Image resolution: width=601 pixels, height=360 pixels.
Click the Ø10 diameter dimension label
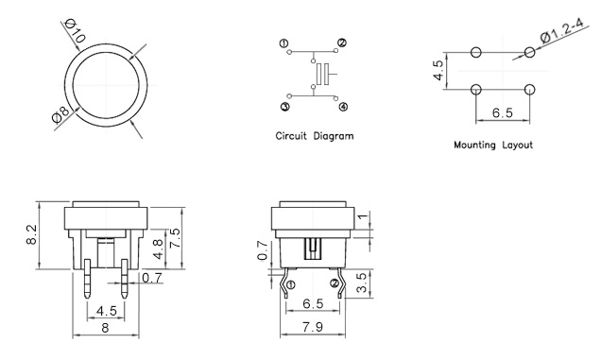pyautogui.click(x=76, y=30)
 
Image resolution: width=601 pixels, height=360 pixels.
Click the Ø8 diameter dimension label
pyautogui.click(x=60, y=114)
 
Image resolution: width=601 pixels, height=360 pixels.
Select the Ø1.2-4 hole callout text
pyautogui.click(x=562, y=30)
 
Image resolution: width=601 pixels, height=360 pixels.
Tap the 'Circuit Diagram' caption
pyautogui.click(x=315, y=136)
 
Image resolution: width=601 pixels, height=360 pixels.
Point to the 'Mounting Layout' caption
pyautogui.click(x=493, y=145)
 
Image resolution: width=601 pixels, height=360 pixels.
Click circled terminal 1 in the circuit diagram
pyautogui.click(x=284, y=43)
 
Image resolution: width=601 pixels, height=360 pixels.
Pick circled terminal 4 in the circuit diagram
pyautogui.click(x=343, y=106)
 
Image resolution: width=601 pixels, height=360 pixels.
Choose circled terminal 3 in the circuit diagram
pyautogui.click(x=284, y=106)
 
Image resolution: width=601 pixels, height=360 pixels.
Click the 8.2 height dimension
pyautogui.click(x=31, y=234)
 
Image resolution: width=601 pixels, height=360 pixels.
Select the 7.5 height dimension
pyautogui.click(x=175, y=238)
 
